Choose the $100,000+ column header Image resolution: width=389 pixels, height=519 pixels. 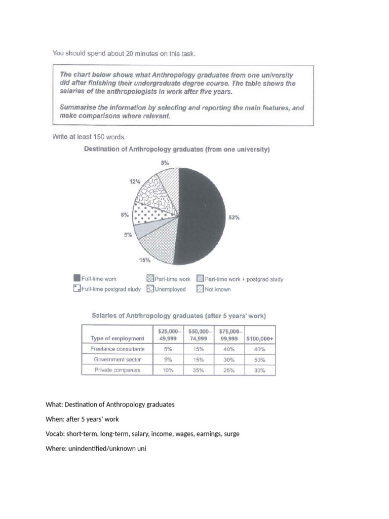259,338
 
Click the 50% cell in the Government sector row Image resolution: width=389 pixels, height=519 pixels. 259,359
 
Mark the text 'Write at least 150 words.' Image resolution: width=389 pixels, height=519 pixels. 89,136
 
